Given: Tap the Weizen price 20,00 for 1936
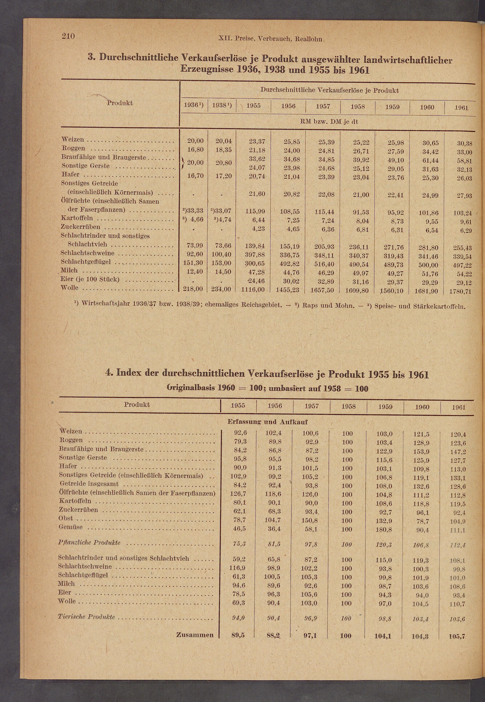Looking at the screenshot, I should click(x=195, y=141).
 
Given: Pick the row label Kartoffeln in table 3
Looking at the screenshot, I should click(x=77, y=218).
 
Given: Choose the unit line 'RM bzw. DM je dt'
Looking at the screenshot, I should click(x=329, y=122).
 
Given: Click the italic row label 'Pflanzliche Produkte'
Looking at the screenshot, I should click(x=89, y=542).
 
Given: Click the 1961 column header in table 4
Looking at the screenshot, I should click(x=458, y=407).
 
